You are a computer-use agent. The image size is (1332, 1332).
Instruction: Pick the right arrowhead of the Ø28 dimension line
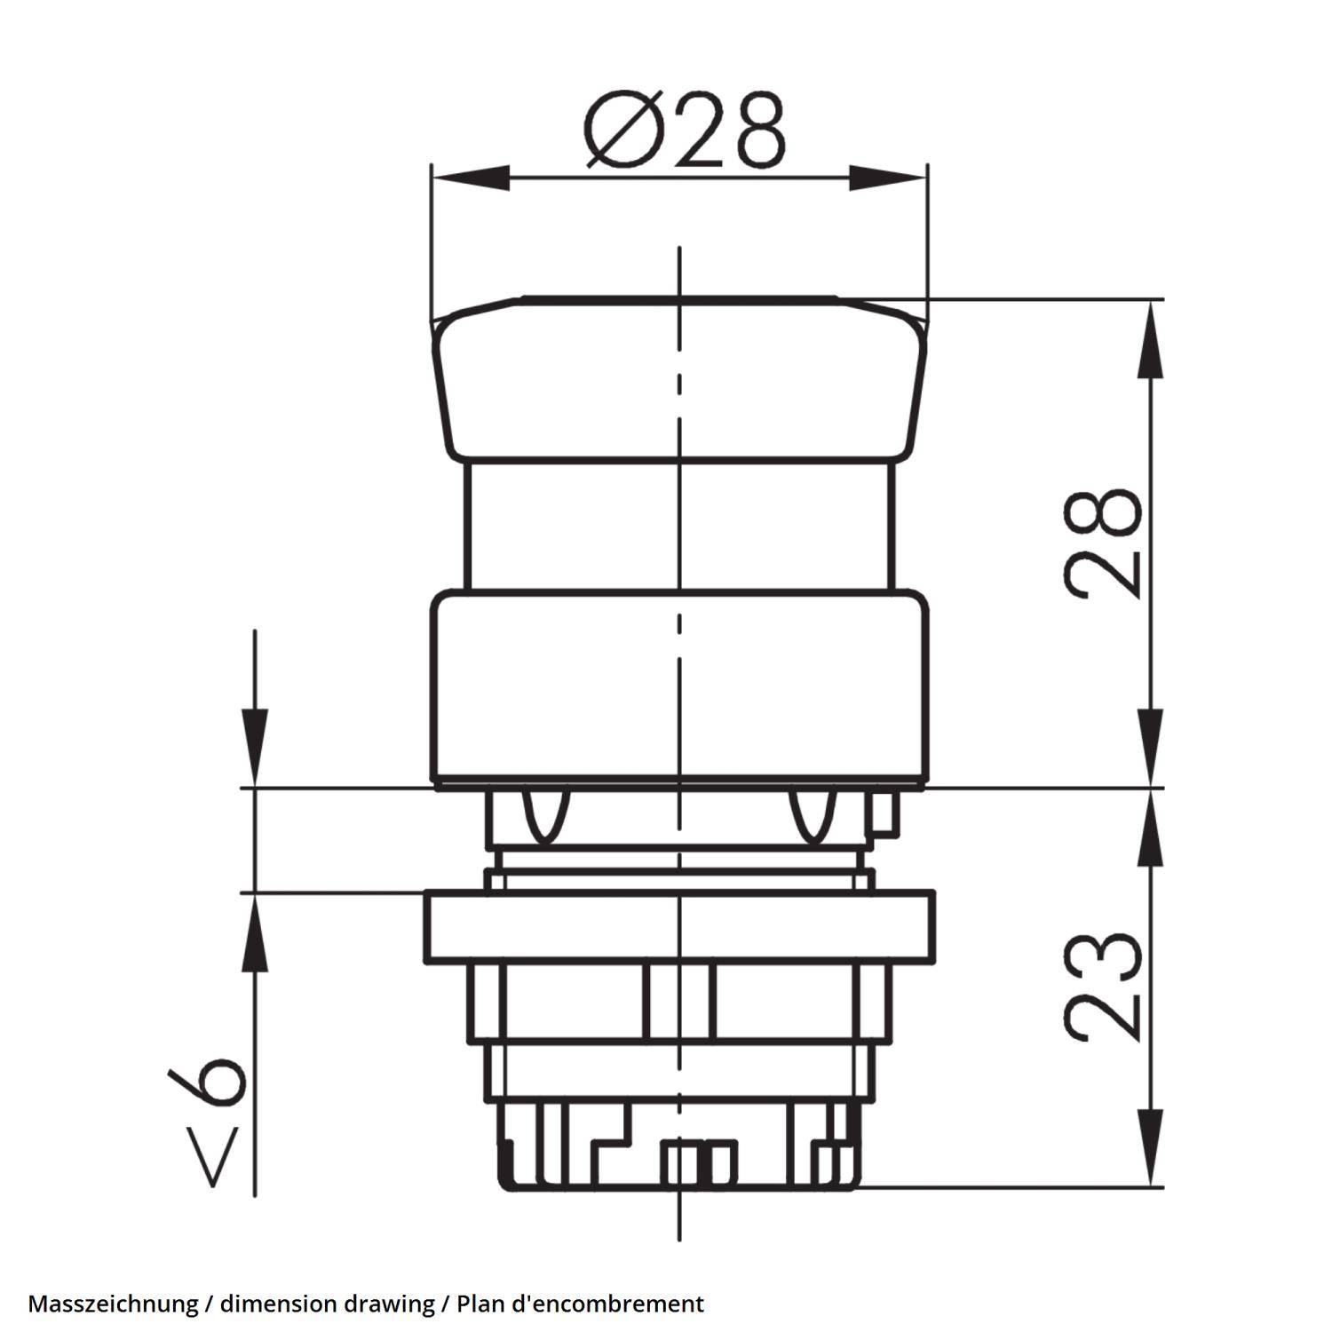[x=888, y=177]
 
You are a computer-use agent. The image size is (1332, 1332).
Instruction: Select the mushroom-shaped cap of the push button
[x=679, y=382]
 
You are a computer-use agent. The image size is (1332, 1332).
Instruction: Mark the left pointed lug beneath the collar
[x=544, y=815]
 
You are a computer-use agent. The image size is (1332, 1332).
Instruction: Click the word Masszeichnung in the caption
[x=113, y=1304]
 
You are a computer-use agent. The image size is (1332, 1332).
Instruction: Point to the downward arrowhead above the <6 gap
[x=255, y=746]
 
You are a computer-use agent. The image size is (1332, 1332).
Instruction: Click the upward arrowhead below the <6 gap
[x=255, y=932]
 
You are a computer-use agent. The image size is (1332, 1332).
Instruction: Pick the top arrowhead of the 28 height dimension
[x=1152, y=337]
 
